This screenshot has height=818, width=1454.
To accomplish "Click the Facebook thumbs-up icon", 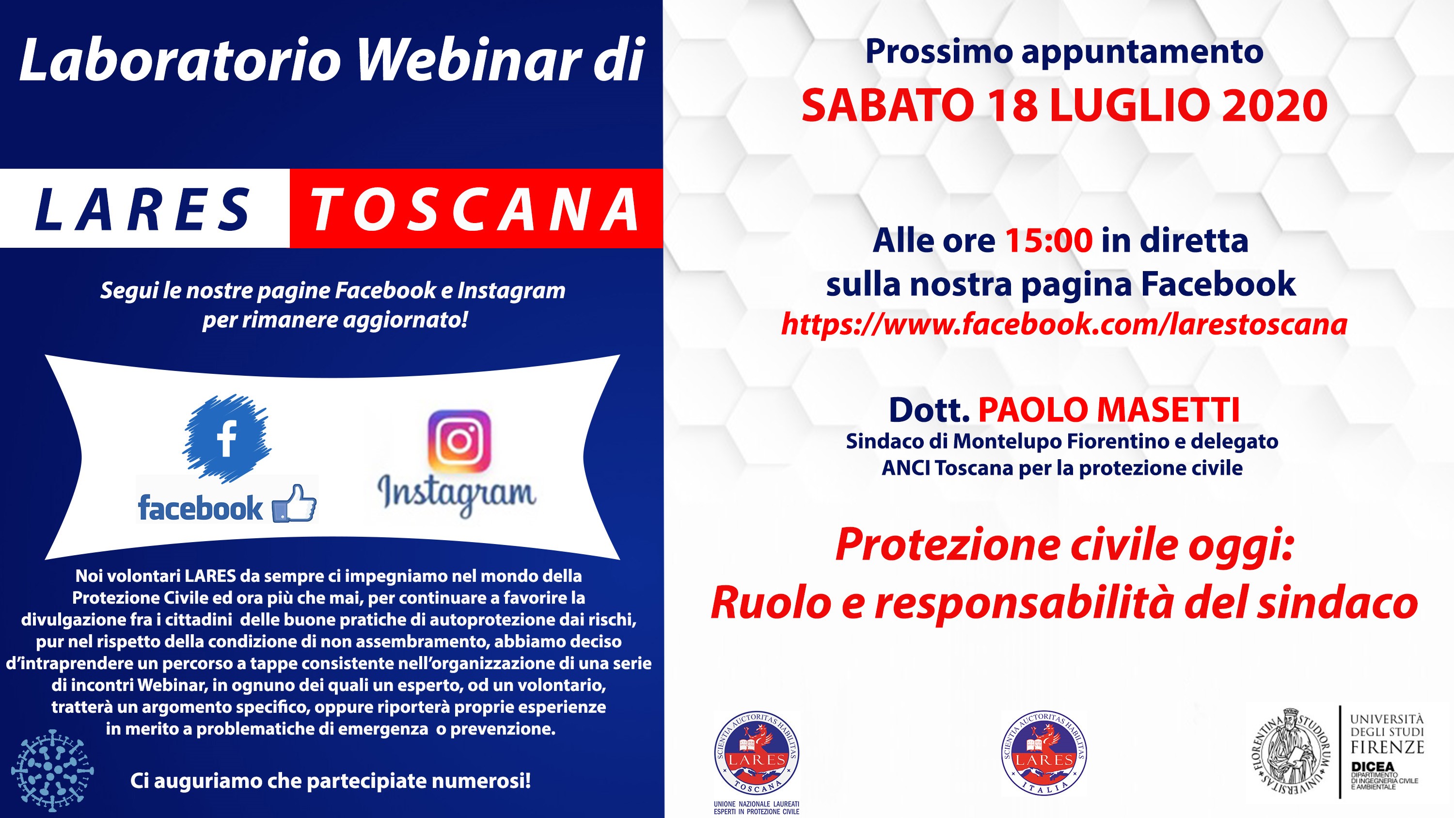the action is [294, 504].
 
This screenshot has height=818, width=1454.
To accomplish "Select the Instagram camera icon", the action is [459, 441].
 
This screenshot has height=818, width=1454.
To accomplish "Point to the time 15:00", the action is [1049, 241].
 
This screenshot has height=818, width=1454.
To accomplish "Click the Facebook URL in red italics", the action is [1064, 324].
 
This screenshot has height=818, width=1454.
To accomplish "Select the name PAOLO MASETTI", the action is [1109, 410].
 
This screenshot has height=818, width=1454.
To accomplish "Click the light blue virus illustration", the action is [52, 770].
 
